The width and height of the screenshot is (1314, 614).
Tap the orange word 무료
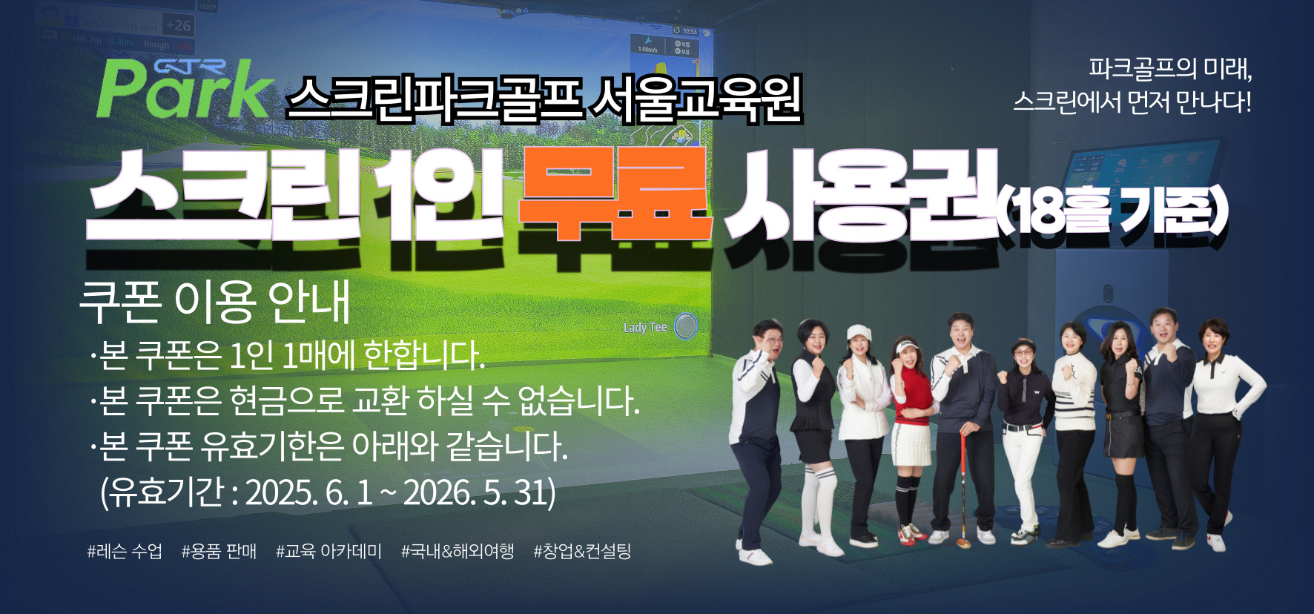click(x=615, y=195)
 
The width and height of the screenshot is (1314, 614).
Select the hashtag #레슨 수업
click(x=125, y=551)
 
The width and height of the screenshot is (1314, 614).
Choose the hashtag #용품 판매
click(x=219, y=551)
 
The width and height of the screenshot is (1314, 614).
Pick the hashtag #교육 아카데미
click(x=329, y=551)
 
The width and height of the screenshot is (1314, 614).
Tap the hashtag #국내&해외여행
click(x=458, y=551)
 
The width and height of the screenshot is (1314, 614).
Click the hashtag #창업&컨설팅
click(x=582, y=551)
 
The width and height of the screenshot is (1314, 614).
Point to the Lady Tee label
click(x=645, y=327)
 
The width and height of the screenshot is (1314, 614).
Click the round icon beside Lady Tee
click(x=686, y=326)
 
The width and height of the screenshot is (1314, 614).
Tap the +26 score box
click(x=178, y=25)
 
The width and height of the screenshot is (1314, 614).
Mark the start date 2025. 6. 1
click(x=309, y=492)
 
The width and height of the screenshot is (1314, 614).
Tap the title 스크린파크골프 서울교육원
click(x=544, y=99)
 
